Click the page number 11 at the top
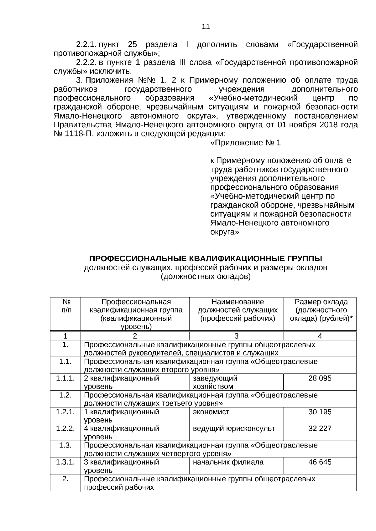point(206,27)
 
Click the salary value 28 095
point(320,378)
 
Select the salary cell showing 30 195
point(320,412)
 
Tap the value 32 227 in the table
point(320,428)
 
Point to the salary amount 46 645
point(320,462)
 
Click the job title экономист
point(211,412)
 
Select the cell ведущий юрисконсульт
point(234,428)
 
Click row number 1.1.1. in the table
point(65,378)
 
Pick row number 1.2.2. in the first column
point(65,428)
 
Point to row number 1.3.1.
point(65,462)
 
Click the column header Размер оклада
point(321,302)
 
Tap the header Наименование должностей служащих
point(238,306)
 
